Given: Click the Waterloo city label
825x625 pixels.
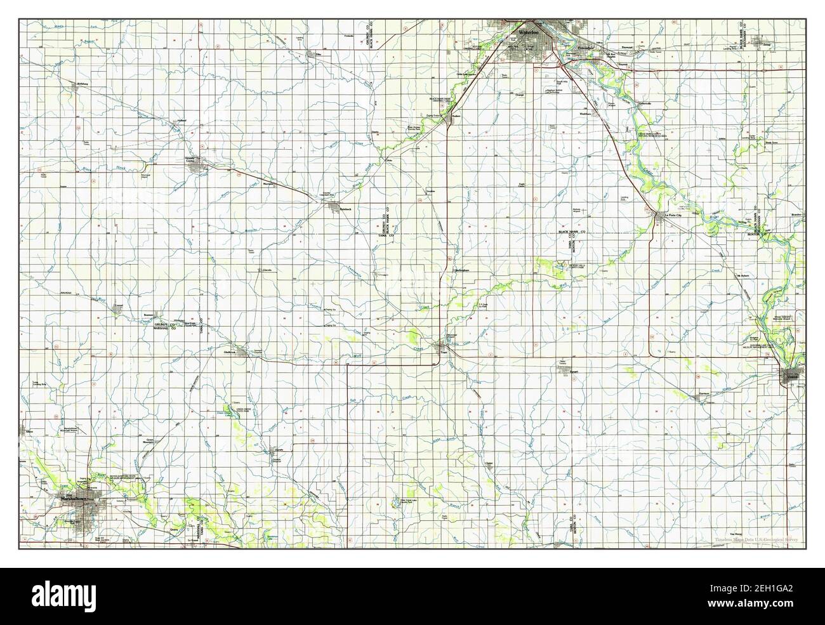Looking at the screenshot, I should click(x=528, y=31).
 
